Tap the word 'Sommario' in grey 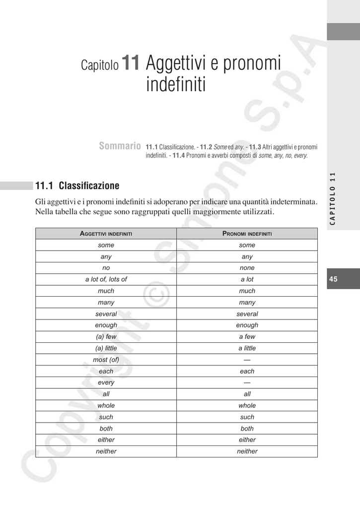pos(120,146)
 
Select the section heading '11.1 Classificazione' pos(77,186)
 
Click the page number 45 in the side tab pos(333,279)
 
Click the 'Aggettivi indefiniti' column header pos(106,234)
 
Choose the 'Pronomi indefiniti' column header pos(247,234)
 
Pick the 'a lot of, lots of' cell pos(106,279)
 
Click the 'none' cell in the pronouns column pos(247,268)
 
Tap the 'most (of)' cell pos(106,360)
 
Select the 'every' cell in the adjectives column pos(106,382)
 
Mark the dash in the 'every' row pos(247,382)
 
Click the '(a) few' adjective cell pos(106,336)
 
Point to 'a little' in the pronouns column pos(247,348)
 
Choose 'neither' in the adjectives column pos(106,451)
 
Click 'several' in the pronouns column pos(247,314)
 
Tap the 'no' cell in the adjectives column pos(106,268)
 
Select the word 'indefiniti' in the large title pos(175,85)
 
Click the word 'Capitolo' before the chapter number pos(100,65)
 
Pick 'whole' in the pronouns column pos(247,405)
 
